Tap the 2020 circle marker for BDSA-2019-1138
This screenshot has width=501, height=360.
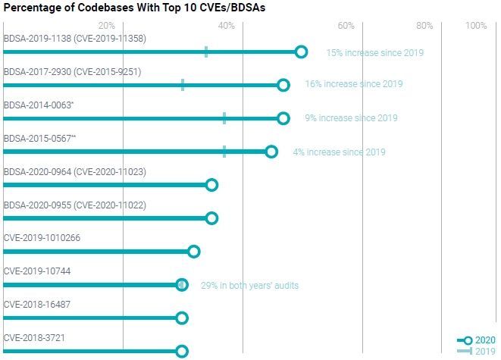pos(301,52)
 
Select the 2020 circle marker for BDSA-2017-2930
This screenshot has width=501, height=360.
pos(283,85)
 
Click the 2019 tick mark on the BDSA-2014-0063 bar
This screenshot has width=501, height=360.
pos(224,118)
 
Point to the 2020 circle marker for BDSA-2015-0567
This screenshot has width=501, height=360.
pos(271,152)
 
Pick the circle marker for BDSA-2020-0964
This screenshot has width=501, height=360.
pos(211,185)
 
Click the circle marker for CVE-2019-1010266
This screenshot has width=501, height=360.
pos(193,252)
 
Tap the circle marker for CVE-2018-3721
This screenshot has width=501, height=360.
pos(182,351)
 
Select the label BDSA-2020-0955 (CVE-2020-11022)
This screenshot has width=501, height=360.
pos(75,205)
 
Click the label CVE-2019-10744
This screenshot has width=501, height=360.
pos(37,271)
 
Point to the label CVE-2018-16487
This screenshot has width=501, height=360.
pos(37,305)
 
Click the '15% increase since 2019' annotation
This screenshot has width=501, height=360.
pos(374,53)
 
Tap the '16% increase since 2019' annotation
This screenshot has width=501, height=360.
pos(353,84)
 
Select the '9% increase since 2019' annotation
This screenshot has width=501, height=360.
pos(351,118)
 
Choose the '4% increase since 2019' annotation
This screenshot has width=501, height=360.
pos(339,152)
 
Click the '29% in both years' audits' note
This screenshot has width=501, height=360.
pos(249,286)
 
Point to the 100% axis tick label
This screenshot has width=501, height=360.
pos(475,26)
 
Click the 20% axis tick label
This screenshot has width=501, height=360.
pos(107,26)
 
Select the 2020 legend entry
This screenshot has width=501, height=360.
pos(476,340)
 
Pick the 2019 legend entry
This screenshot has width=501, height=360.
pos(476,351)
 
